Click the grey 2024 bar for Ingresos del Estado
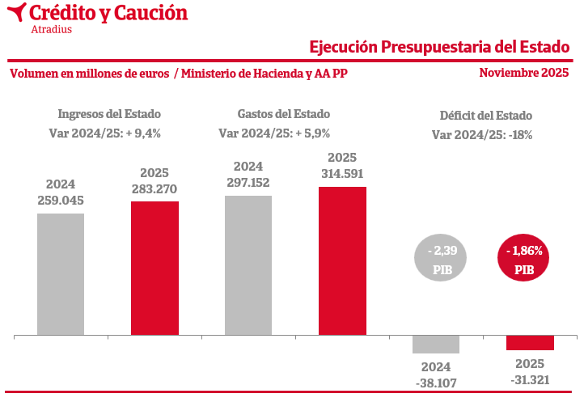[61, 273]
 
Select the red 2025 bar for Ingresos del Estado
[154, 268]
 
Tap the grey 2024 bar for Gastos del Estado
[248, 265]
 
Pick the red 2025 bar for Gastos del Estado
[342, 260]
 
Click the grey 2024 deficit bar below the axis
[436, 344]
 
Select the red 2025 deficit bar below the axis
[530, 342]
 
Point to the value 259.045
[61, 200]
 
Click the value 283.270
[154, 189]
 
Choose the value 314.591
[342, 173]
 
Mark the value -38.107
[436, 381]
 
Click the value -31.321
[530, 379]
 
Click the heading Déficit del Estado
[485, 116]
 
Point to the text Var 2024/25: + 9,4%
[109, 133]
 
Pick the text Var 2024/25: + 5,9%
[274, 133]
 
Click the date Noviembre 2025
[523, 73]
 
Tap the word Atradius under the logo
[51, 30]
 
